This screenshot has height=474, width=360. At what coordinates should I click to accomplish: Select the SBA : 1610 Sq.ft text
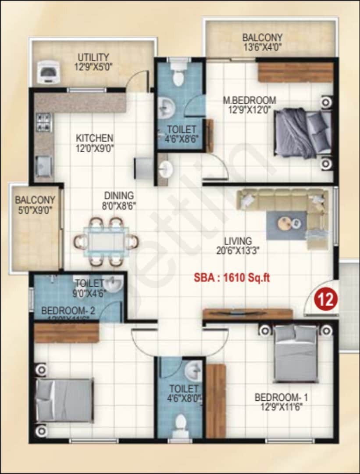tap(232, 278)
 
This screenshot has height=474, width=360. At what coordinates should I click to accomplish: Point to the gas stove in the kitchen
tap(43, 122)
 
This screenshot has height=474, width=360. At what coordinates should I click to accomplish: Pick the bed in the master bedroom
tap(303, 133)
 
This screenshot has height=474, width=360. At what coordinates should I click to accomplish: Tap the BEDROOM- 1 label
tap(281, 398)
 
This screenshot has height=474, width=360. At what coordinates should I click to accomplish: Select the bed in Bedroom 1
tap(296, 353)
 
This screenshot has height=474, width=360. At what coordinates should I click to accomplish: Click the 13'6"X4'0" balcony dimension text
tap(262, 47)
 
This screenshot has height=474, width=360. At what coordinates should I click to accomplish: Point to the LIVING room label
tap(238, 241)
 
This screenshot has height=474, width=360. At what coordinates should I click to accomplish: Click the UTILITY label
tap(93, 57)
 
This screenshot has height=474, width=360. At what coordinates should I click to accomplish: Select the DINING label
tap(119, 195)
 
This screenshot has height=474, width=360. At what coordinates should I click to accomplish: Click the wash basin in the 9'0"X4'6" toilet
tap(114, 285)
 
